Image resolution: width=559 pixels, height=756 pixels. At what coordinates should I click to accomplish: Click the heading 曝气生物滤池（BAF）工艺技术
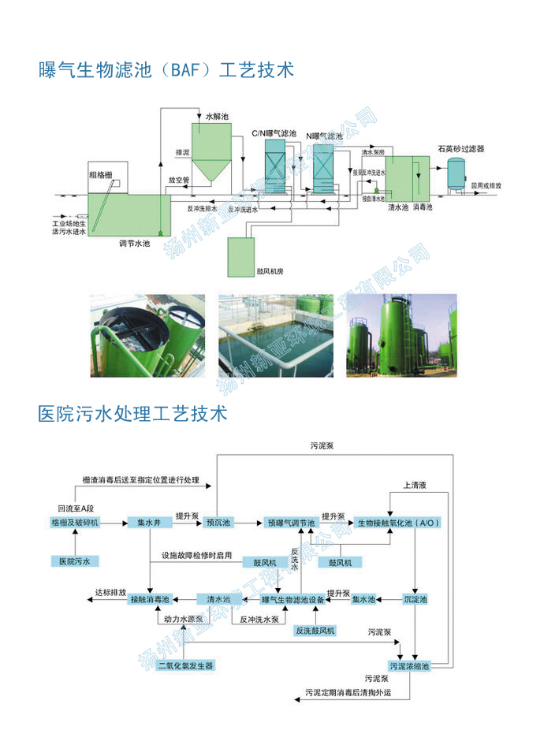pyautogui.click(x=166, y=71)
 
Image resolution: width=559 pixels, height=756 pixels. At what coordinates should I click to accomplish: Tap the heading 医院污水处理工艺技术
pyautogui.click(x=132, y=412)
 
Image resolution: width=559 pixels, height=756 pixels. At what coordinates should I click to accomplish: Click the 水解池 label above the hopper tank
pyautogui.click(x=217, y=117)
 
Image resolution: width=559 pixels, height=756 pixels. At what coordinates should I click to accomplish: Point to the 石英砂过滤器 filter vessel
pyautogui.click(x=455, y=172)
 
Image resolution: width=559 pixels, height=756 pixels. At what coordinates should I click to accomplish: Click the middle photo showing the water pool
pyautogui.click(x=278, y=335)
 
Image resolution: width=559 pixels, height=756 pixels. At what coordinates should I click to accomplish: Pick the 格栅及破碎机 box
pyautogui.click(x=75, y=522)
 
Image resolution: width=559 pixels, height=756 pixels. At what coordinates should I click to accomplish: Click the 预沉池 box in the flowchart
pyautogui.click(x=217, y=522)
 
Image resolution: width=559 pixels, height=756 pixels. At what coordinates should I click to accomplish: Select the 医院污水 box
pyautogui.click(x=75, y=561)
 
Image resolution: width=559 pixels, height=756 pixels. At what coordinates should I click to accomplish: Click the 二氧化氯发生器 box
pyautogui.click(x=185, y=665)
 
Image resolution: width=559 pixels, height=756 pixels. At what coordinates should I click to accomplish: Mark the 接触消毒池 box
pyautogui.click(x=149, y=600)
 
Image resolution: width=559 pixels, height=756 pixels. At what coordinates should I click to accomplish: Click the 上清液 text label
pyautogui.click(x=415, y=486)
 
